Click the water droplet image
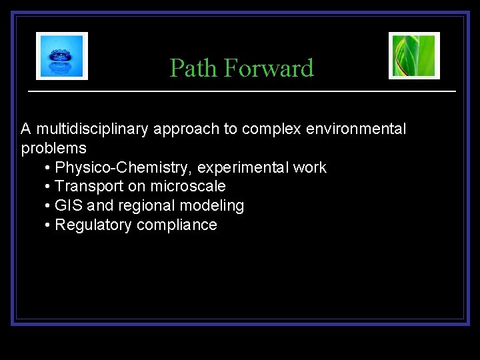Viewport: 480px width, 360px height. coord(61,56)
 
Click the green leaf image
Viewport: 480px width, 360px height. coord(414,55)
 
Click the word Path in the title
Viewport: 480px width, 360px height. coord(194,68)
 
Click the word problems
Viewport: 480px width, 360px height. coord(53,148)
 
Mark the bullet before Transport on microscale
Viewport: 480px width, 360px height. coord(48,187)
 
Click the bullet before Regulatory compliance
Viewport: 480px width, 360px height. coord(48,225)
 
